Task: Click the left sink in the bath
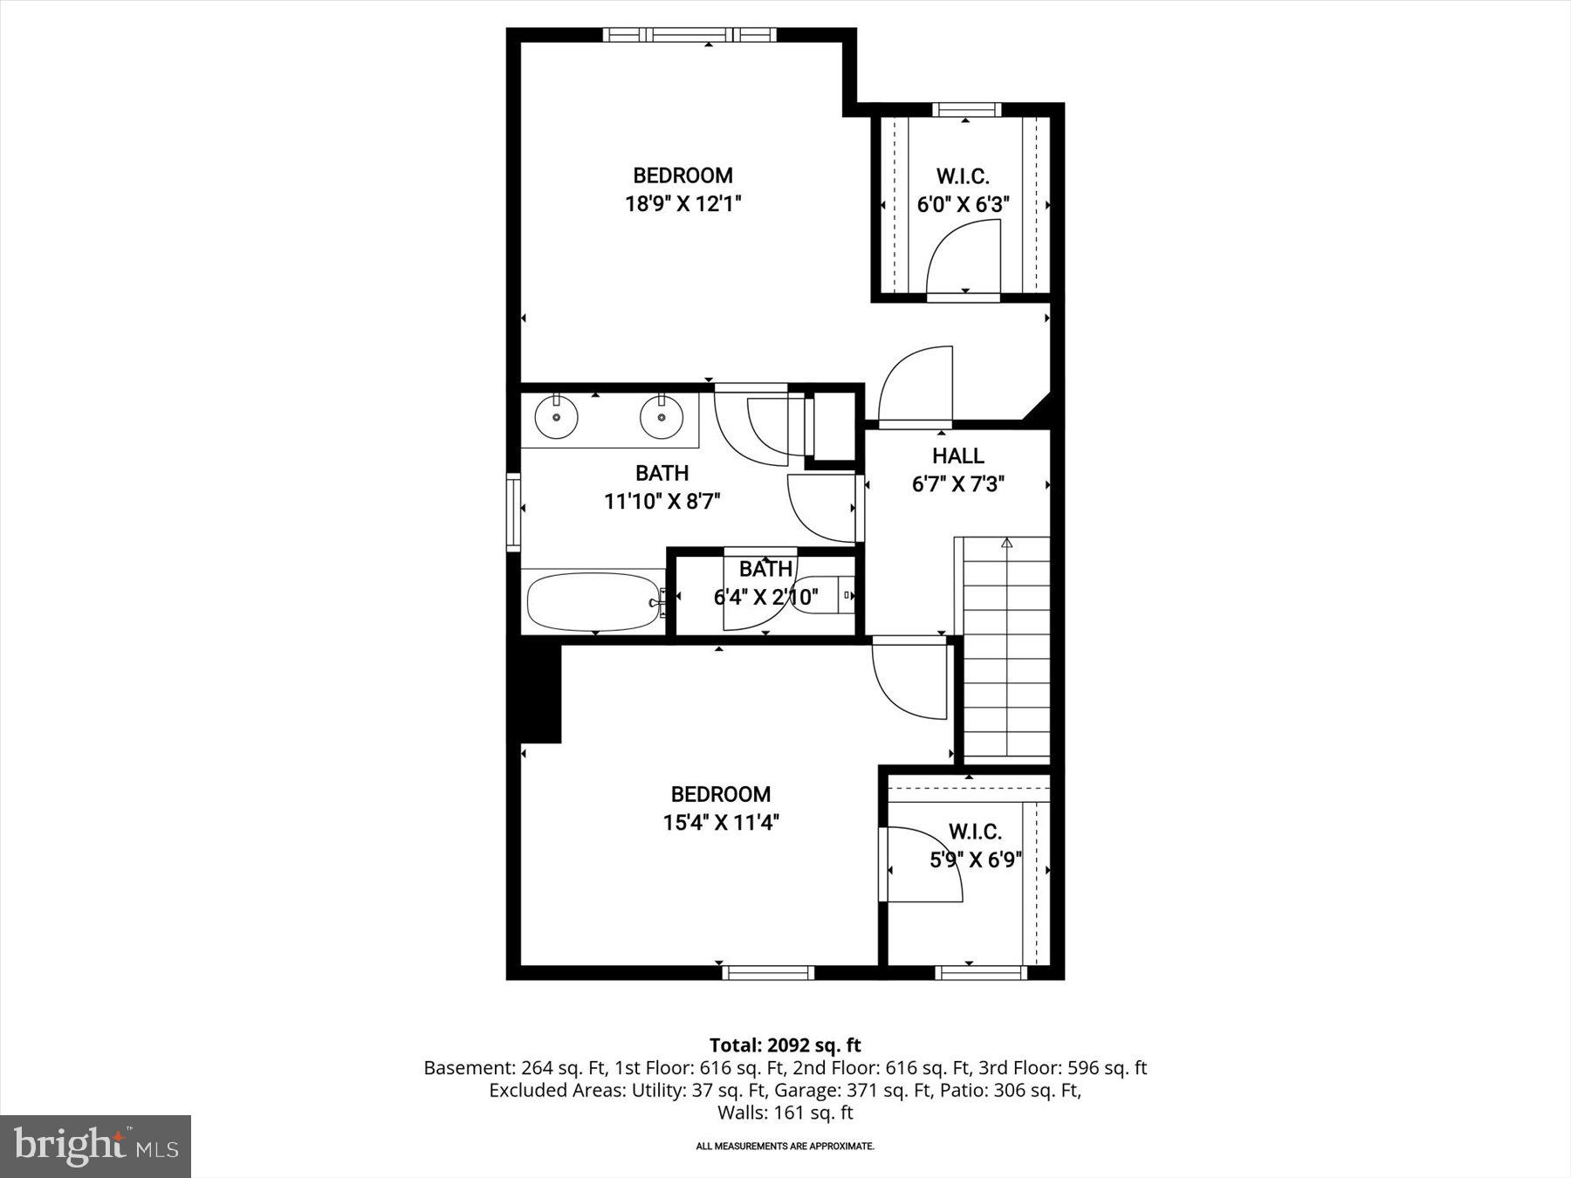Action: coord(556,417)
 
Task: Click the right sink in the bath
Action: coord(662,417)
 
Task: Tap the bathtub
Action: coord(593,601)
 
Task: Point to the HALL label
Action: coord(957,455)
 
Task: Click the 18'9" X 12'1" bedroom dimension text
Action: coord(683,204)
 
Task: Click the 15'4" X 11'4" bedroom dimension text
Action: coord(721,823)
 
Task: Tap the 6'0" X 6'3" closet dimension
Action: coord(963,205)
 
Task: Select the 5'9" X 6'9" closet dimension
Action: coord(975,860)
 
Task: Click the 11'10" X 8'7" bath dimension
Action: coord(662,502)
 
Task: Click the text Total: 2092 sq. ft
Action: coord(785,1044)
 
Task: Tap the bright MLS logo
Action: coord(95,1146)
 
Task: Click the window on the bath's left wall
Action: coord(513,511)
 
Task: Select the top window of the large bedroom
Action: coord(689,35)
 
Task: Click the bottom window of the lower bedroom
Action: coord(768,972)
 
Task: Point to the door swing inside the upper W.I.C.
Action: coord(960,257)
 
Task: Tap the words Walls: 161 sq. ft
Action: coord(785,1113)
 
